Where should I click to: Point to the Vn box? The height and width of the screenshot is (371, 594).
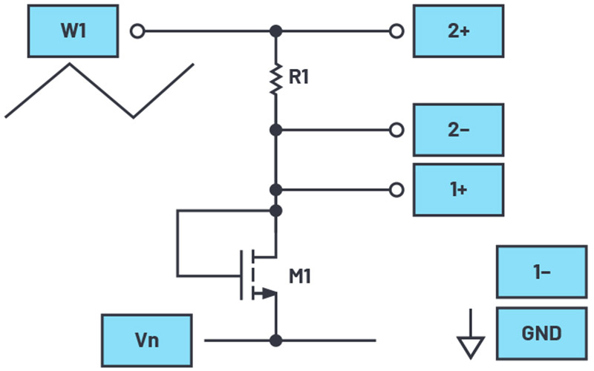coord(147,341)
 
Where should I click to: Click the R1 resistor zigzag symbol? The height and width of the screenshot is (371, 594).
coord(275,78)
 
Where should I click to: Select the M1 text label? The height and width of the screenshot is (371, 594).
coord(300,278)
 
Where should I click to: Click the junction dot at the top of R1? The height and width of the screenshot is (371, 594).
coord(275,32)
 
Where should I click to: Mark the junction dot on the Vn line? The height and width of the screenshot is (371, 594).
coord(275,341)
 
